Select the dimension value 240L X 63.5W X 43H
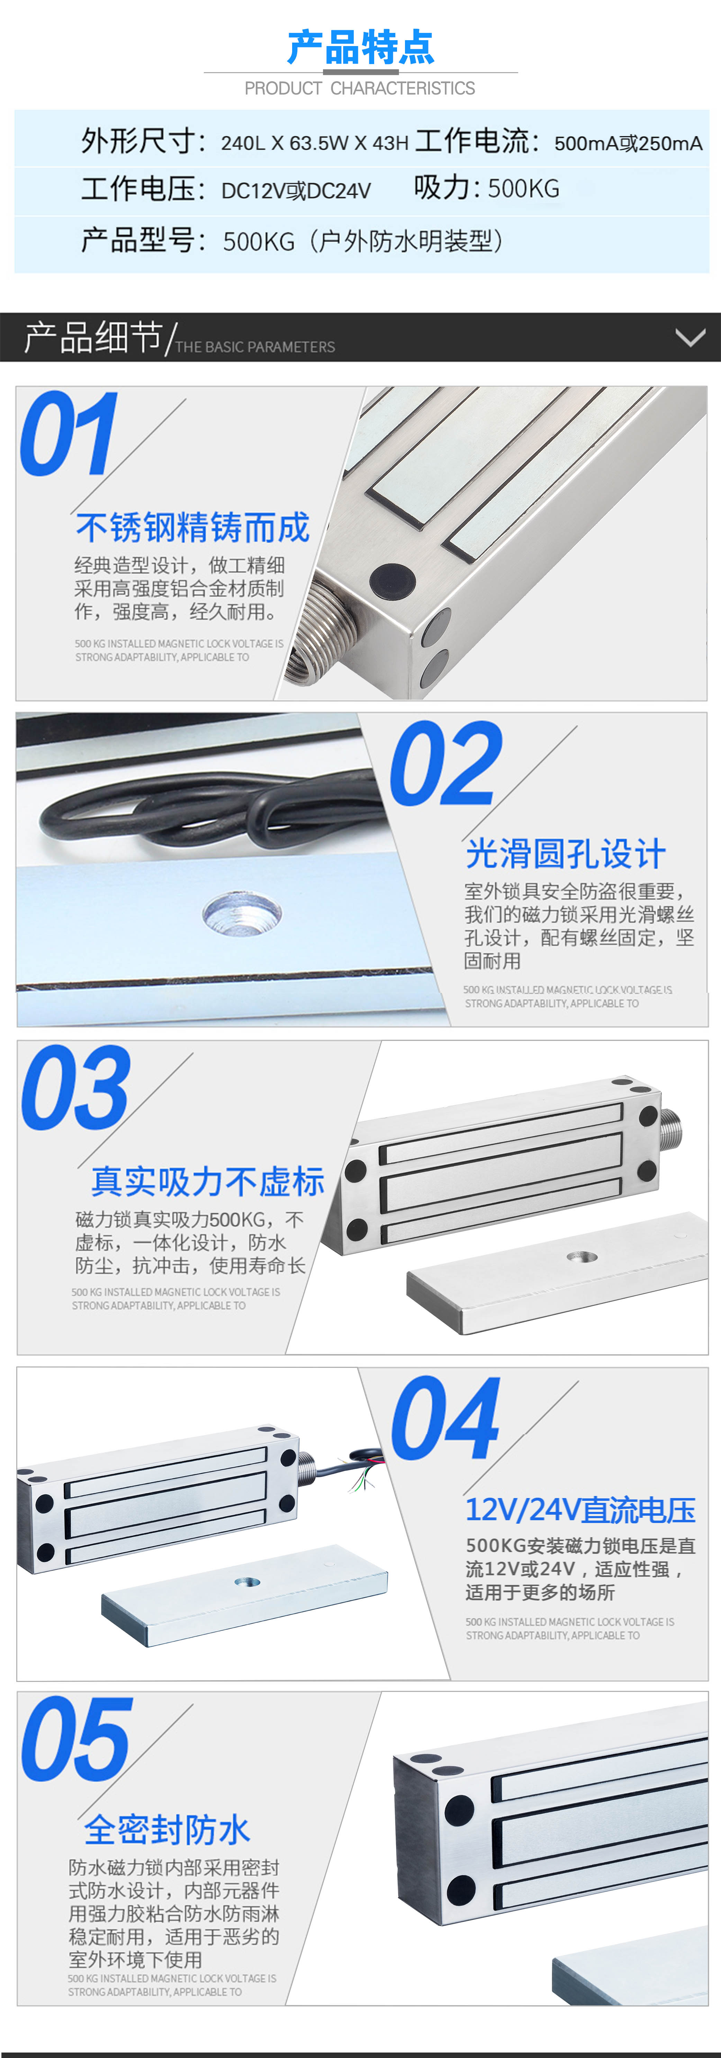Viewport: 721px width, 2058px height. (315, 143)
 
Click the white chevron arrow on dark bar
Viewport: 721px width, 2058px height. (690, 337)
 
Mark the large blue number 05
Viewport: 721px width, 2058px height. (76, 1738)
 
